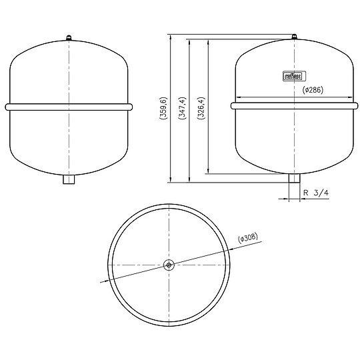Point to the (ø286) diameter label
313,90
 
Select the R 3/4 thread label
316,193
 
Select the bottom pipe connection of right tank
294,179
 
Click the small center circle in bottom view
170,265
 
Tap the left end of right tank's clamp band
233,105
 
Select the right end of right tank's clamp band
355,105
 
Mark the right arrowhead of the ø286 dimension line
348,97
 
